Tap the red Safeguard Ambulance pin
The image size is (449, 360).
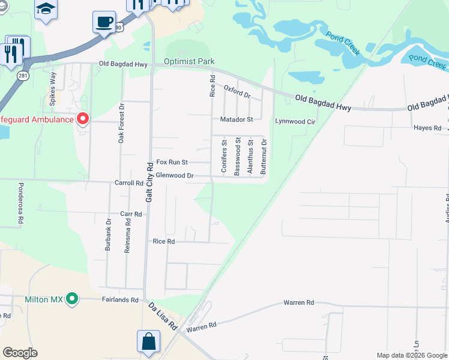pyautogui.click(x=82, y=119)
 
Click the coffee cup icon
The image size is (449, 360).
pyautogui.click(x=104, y=23)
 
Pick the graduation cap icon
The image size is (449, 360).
pyautogui.click(x=46, y=10)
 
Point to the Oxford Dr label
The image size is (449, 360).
pyautogui.click(x=237, y=92)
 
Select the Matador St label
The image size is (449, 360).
pyautogui.click(x=237, y=119)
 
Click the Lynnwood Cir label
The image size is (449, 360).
pyautogui.click(x=295, y=121)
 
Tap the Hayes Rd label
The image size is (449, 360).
pyautogui.click(x=427, y=128)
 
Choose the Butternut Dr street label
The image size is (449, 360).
pyautogui.click(x=264, y=156)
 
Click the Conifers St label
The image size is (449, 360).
pyautogui.click(x=224, y=157)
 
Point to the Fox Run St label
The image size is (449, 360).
pyautogui.click(x=172, y=162)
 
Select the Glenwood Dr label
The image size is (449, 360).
pyautogui.click(x=174, y=176)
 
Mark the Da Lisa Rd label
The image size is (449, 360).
pyautogui.click(x=163, y=316)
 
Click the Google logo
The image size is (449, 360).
pyautogui.click(x=20, y=353)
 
